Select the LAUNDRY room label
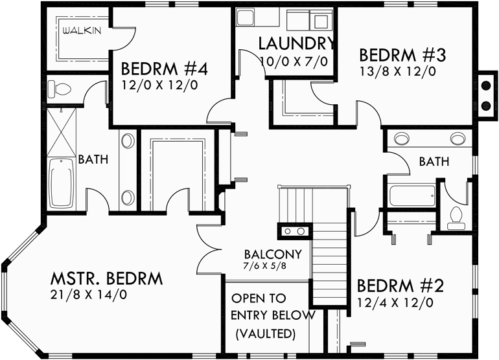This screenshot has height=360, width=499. (297, 44)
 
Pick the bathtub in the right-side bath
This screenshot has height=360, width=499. (412, 194)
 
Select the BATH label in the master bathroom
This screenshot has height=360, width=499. (93, 159)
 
